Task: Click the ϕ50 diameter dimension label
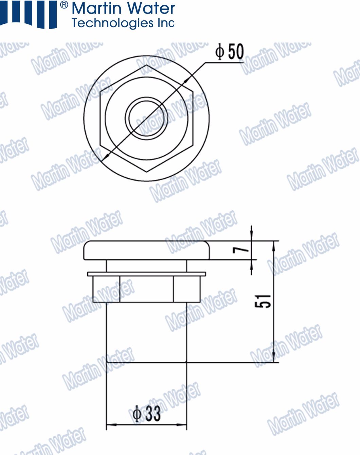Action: pos(230,52)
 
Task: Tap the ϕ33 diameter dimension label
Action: pos(146,414)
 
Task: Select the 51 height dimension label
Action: pos(263,301)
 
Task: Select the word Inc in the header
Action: pos(166,23)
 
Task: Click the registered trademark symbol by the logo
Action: pos(64,5)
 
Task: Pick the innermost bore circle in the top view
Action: pos(146,118)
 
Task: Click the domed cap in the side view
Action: pos(146,250)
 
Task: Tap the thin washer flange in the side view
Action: pos(146,274)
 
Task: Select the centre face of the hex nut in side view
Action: pos(146,289)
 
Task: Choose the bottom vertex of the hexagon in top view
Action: pos(146,172)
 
